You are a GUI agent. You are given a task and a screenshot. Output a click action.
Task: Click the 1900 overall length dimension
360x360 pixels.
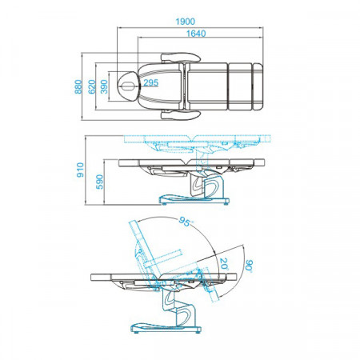coord(185,22)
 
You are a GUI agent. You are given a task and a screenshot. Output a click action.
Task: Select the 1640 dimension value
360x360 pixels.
coord(196,34)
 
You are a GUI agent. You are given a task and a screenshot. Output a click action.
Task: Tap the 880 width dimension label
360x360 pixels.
coord(78,86)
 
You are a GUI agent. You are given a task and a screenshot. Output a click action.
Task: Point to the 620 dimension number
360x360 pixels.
coord(91,86)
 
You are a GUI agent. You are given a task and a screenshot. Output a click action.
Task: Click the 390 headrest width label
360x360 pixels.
coord(104,86)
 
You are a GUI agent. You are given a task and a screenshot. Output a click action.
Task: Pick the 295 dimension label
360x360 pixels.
coord(151,83)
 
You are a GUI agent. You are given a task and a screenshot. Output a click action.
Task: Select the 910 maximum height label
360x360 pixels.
coord(80,170)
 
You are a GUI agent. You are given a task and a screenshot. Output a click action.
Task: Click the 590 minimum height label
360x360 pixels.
coord(99,182)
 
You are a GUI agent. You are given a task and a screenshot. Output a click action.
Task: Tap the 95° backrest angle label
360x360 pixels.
coord(186,222)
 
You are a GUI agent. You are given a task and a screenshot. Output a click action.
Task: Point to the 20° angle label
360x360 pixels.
coord(224,265)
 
